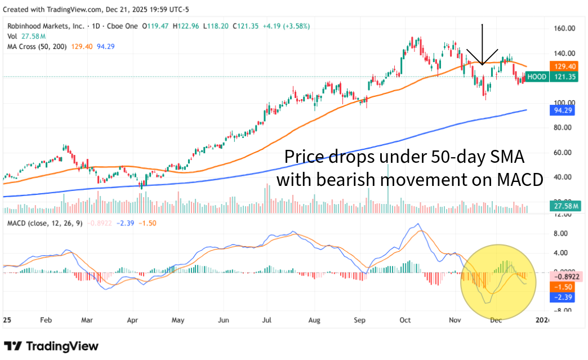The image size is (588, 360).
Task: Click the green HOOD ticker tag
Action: tap(537, 76)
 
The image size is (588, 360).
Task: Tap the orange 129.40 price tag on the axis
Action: tap(563, 66)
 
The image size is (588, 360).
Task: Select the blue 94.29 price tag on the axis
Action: tap(563, 110)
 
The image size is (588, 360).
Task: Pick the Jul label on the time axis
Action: tap(266, 320)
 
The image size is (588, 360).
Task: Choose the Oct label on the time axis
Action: tap(406, 320)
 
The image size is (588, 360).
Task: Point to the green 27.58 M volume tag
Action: tap(563, 207)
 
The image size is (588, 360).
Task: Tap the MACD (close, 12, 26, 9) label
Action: tap(44, 223)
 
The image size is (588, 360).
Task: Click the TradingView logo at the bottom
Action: tap(51, 346)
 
